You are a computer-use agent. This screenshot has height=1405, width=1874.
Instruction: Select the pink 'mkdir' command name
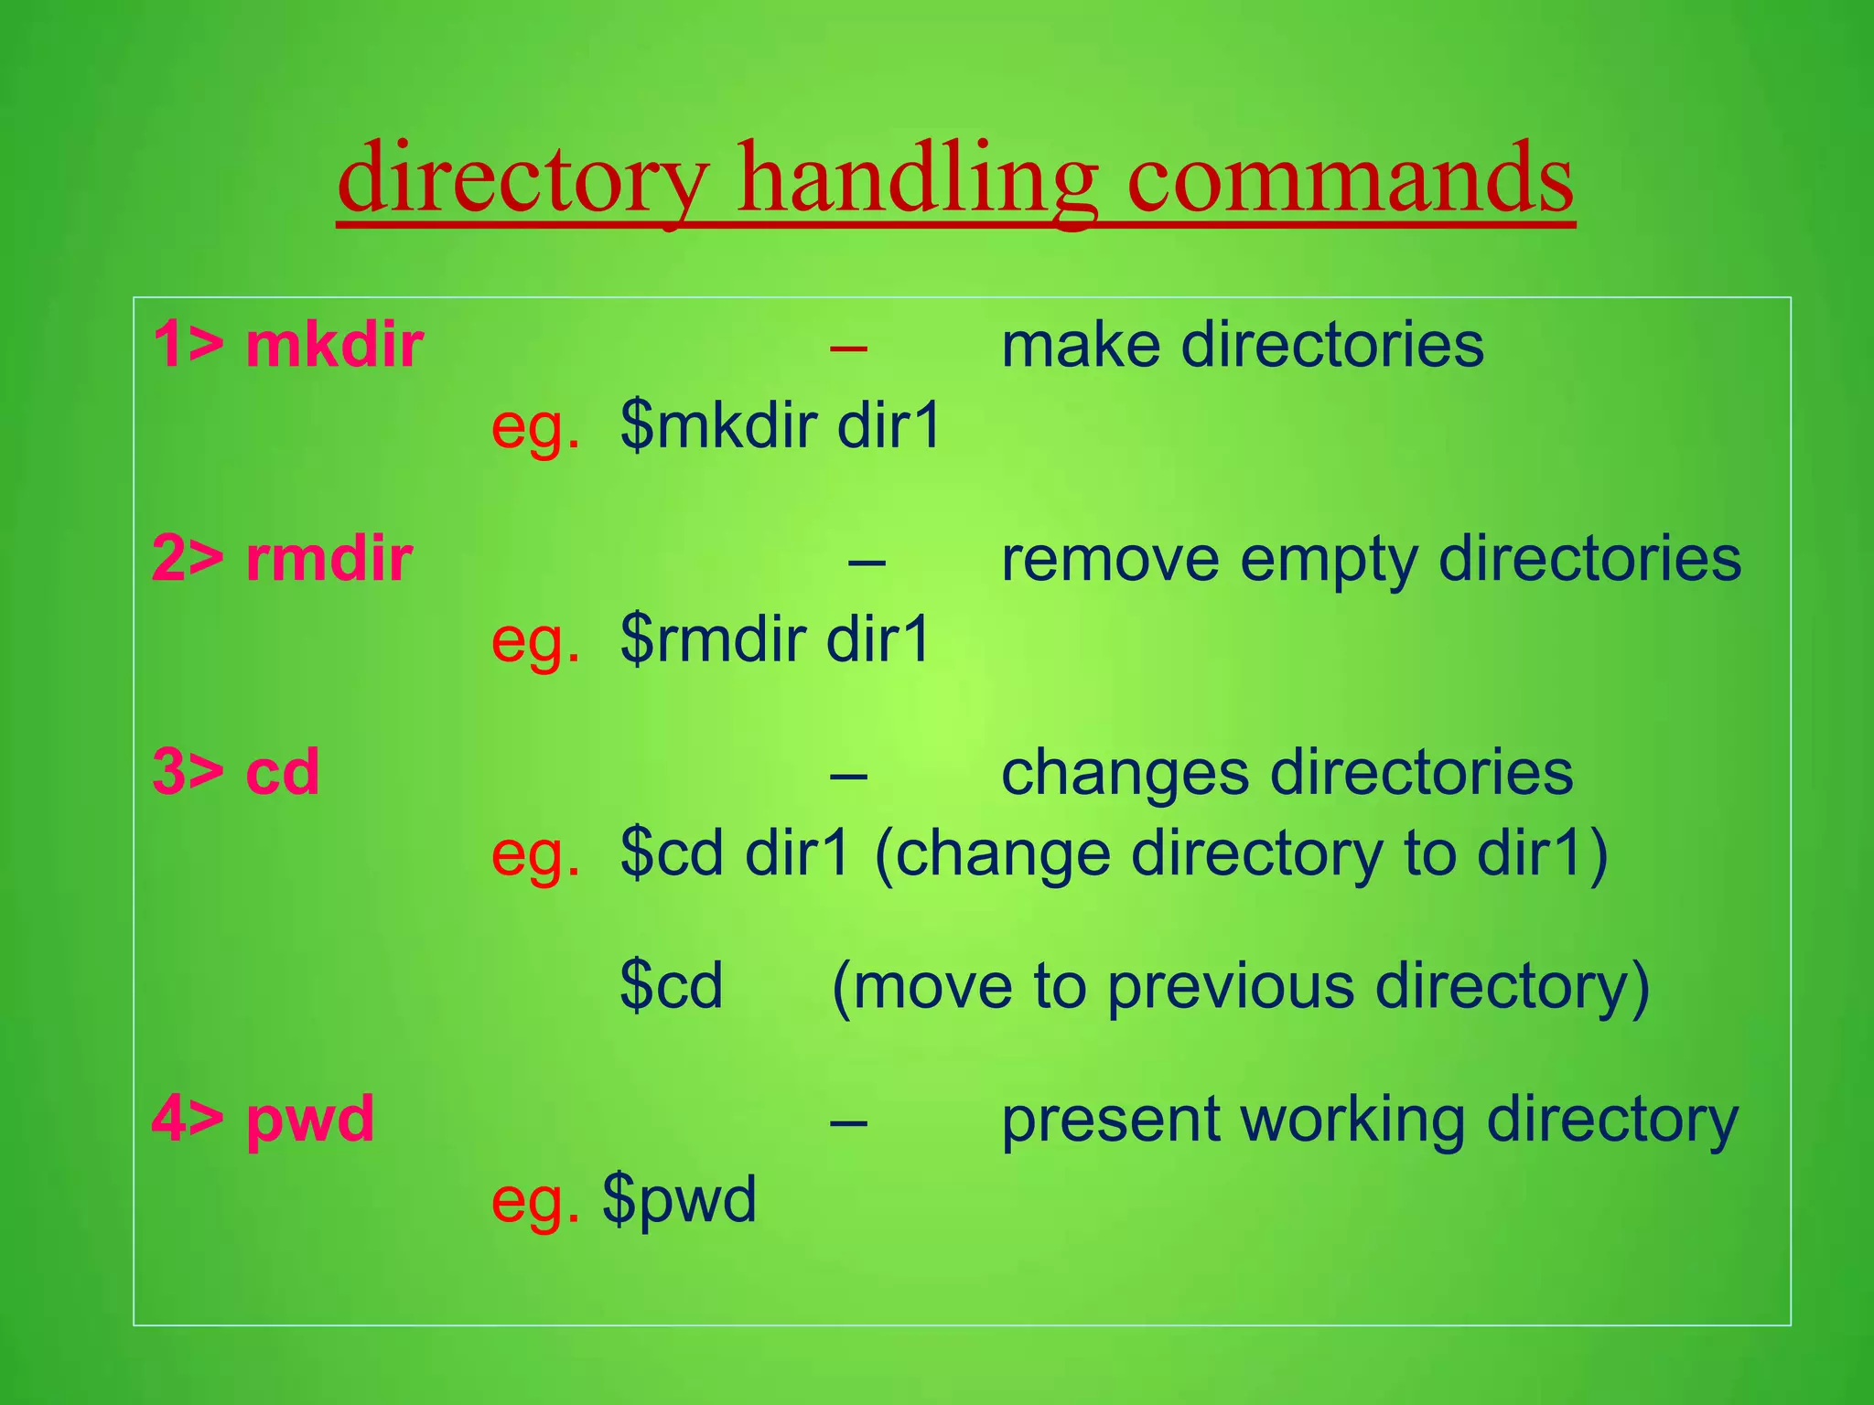click(x=334, y=346)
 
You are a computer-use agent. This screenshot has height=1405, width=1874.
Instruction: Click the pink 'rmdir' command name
click(x=328, y=559)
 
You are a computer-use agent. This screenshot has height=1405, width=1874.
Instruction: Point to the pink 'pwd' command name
click(x=310, y=1119)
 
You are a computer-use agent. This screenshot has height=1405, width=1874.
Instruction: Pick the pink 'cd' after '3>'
click(x=283, y=772)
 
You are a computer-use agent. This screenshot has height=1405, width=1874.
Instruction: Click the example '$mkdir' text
click(x=718, y=426)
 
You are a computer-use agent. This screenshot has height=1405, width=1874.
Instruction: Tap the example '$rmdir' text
click(x=713, y=639)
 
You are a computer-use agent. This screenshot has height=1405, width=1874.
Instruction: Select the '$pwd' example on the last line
click(x=679, y=1200)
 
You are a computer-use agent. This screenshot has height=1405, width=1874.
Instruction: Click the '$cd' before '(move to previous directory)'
click(x=671, y=986)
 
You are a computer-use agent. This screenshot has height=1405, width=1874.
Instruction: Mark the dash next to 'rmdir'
click(x=866, y=560)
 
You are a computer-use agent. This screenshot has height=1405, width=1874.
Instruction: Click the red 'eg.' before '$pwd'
click(x=535, y=1200)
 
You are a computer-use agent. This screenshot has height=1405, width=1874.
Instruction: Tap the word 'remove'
click(x=1110, y=559)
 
